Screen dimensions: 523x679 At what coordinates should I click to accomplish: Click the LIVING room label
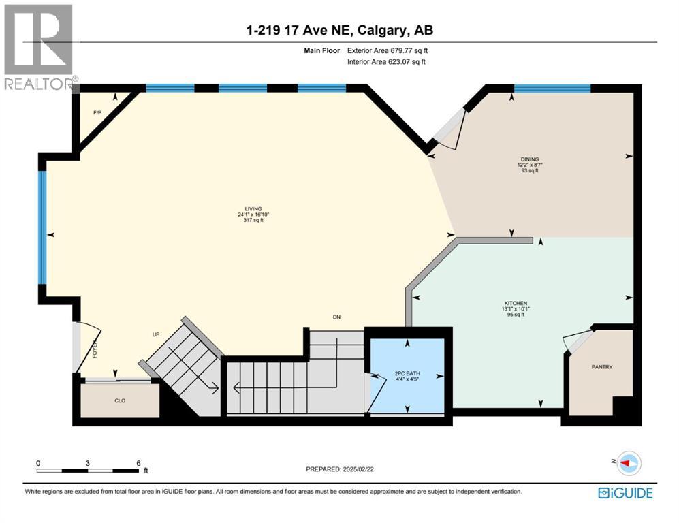254,209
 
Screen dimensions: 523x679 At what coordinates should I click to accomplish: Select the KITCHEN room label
516,303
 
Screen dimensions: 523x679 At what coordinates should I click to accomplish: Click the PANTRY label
601,367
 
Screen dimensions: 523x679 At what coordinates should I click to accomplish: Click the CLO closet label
120,401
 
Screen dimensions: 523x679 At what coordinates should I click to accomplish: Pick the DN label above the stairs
336,317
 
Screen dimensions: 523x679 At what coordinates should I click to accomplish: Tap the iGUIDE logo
625,493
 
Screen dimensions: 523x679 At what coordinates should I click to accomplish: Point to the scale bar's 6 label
138,463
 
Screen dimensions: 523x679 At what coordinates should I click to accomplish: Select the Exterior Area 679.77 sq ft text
388,50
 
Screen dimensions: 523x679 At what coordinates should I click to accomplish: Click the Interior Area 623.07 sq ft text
387,62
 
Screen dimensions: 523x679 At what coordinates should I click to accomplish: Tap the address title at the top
340,30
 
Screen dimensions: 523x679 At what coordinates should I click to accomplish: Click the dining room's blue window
552,88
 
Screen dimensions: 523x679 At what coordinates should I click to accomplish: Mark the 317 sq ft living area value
254,221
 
